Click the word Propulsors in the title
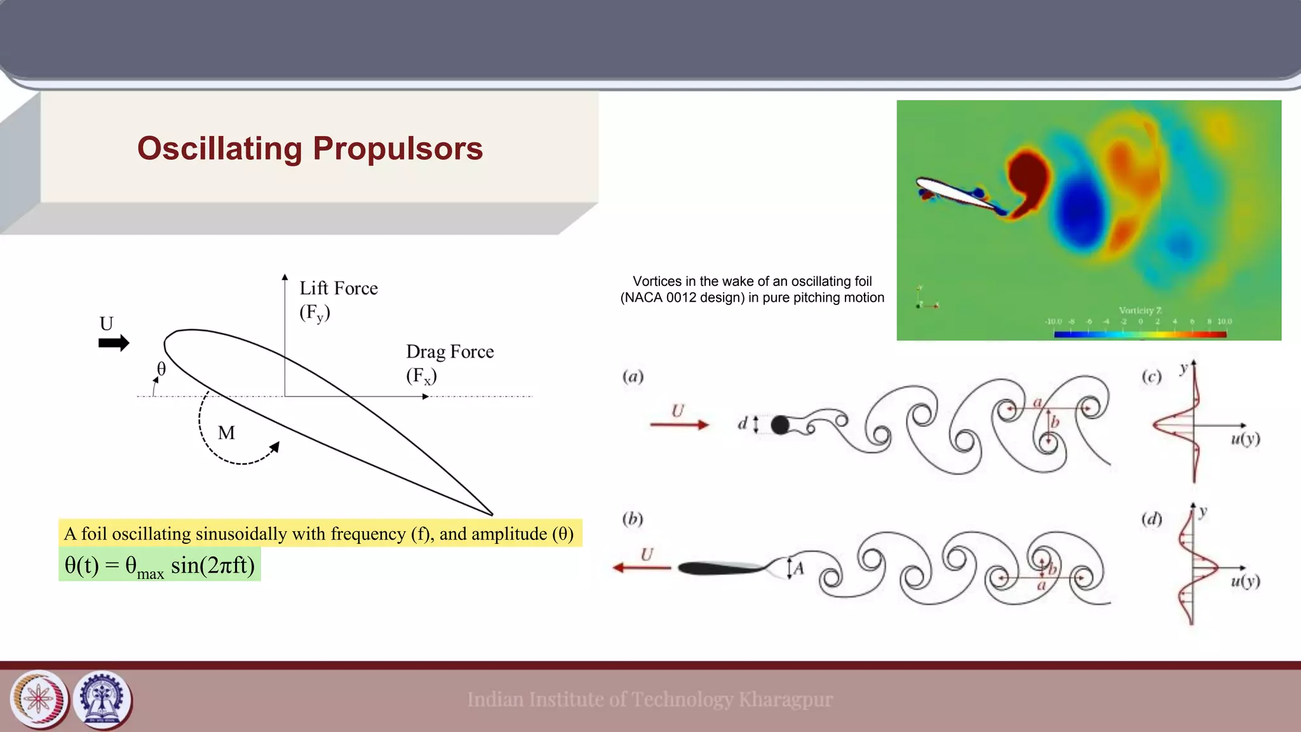click(x=398, y=149)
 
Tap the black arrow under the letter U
click(x=114, y=343)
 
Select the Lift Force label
click(x=339, y=288)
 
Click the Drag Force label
click(x=450, y=352)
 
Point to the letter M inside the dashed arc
click(x=226, y=433)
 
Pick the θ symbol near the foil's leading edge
click(x=161, y=369)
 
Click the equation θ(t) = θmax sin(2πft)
click(x=159, y=565)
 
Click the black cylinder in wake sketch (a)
click(x=780, y=424)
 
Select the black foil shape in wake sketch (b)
click(x=721, y=567)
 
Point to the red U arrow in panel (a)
click(x=678, y=424)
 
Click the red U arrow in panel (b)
click(x=642, y=567)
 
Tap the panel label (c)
click(x=1151, y=377)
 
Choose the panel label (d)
click(x=1151, y=519)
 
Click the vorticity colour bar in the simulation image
click(x=1140, y=334)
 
